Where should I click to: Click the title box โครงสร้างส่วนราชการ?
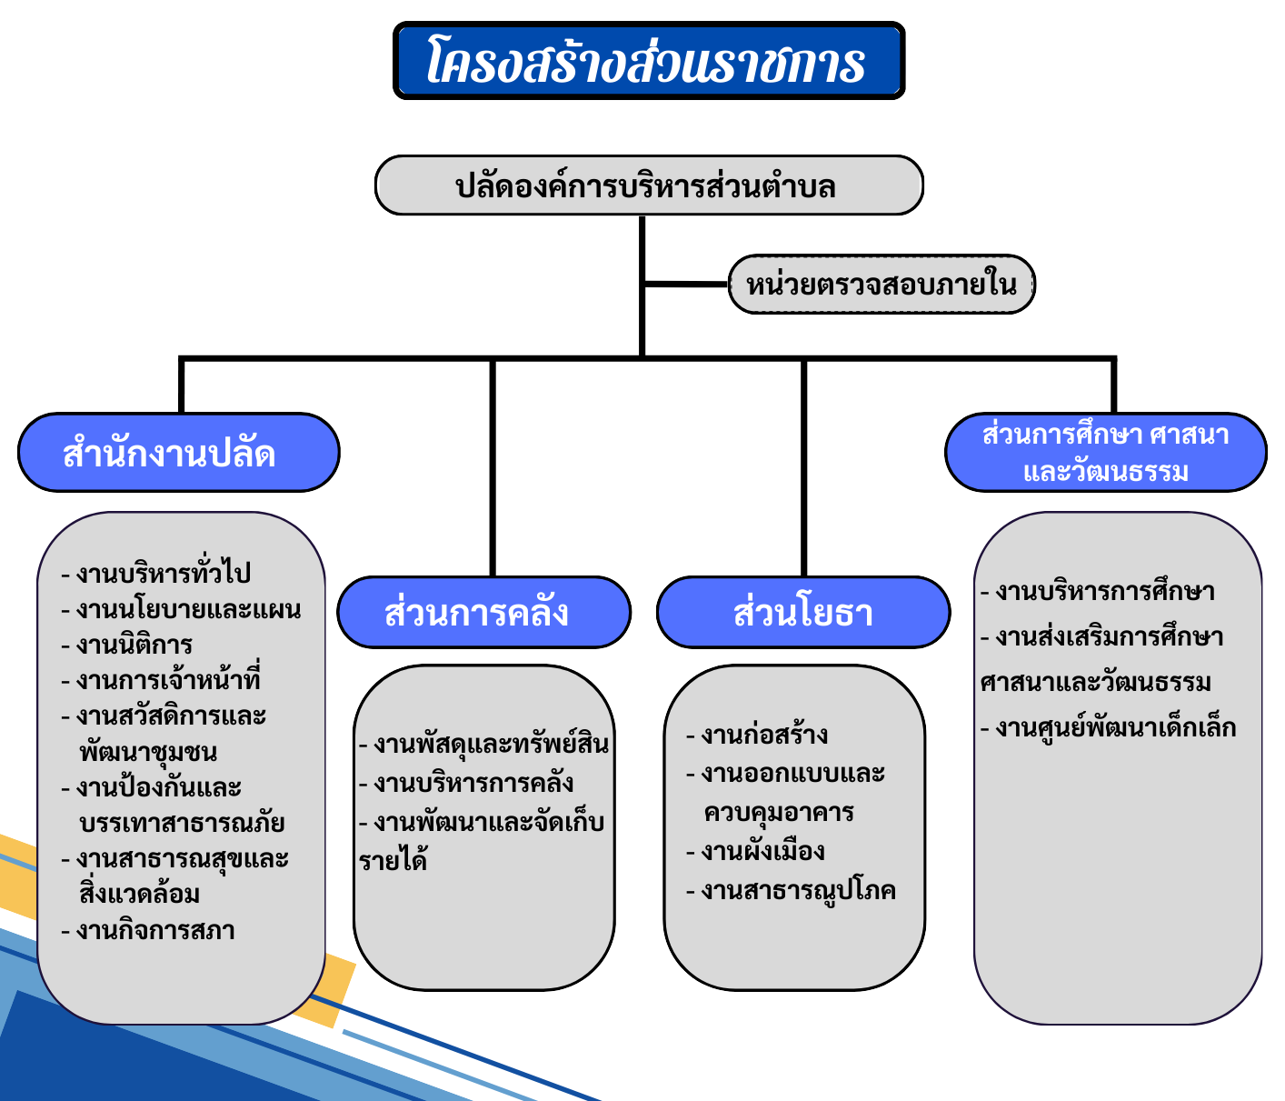pyautogui.click(x=648, y=60)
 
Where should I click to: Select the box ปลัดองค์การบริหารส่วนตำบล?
pyautogui.click(x=648, y=185)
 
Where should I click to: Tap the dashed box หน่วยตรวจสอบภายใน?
pyautogui.click(x=881, y=285)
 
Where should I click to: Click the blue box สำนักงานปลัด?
pyautogui.click(x=179, y=452)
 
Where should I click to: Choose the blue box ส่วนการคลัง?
pyautogui.click(x=483, y=613)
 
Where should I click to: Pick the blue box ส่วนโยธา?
pyautogui.click(x=803, y=613)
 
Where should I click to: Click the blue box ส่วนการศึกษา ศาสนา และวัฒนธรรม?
pyautogui.click(x=1105, y=452)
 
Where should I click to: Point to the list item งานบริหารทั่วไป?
pyautogui.click(x=156, y=572)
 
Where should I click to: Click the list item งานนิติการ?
pyautogui.click(x=127, y=645)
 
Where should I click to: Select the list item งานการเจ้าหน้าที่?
pyautogui.click(x=160, y=678)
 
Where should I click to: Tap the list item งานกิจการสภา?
pyautogui.click(x=148, y=931)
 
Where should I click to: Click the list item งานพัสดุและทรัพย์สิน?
pyautogui.click(x=484, y=744)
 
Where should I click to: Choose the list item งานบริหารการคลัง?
pyautogui.click(x=466, y=783)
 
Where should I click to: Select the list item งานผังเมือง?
pyautogui.click(x=755, y=851)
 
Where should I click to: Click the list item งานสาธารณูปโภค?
pyautogui.click(x=791, y=891)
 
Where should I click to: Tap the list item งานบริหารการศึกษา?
pyautogui.click(x=1097, y=591)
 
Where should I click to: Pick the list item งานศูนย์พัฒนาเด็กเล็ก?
pyautogui.click(x=1108, y=727)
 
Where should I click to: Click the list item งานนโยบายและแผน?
pyautogui.click(x=181, y=609)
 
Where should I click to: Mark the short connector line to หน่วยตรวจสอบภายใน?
pyautogui.click(x=686, y=285)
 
